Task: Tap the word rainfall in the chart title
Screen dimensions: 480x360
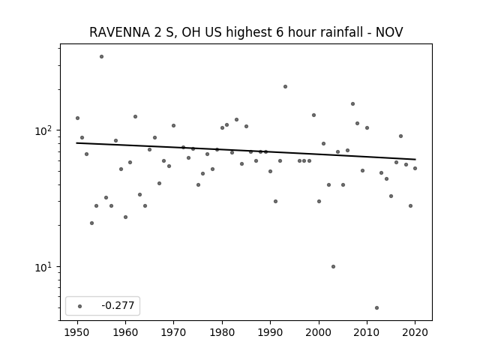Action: click(x=344, y=32)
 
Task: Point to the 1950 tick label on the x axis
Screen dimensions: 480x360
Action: click(x=77, y=332)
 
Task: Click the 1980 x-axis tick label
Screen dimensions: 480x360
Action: click(x=222, y=332)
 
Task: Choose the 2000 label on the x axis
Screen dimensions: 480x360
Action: click(x=319, y=332)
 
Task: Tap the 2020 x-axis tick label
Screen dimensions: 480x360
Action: click(x=415, y=332)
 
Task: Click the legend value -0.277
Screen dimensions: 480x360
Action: click(x=118, y=305)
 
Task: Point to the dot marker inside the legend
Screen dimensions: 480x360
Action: click(x=80, y=306)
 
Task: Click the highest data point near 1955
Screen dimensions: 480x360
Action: click(x=102, y=57)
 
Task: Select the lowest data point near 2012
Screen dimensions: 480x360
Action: click(x=376, y=308)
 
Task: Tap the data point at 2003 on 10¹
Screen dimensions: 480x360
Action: click(x=333, y=267)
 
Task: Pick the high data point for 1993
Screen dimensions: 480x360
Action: click(x=285, y=87)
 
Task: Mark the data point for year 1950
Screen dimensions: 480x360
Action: click(x=77, y=118)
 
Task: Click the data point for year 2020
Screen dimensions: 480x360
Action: click(x=415, y=168)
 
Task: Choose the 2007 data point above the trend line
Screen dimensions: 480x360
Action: click(x=352, y=104)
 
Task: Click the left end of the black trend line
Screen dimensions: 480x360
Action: click(x=76, y=143)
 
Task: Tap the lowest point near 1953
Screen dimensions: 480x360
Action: click(x=91, y=223)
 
